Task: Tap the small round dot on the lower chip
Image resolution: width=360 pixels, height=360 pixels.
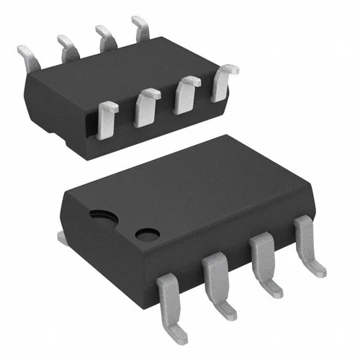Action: pyautogui.click(x=148, y=235)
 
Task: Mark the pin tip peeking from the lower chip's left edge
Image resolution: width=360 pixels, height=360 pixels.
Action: pyautogui.click(x=62, y=236)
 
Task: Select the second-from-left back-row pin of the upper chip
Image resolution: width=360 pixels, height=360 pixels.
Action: pyautogui.click(x=68, y=47)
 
